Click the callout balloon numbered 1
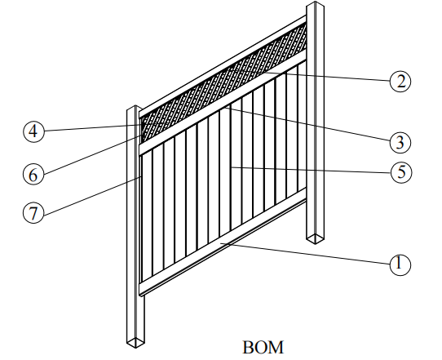[x=400, y=265]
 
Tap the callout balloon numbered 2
[x=400, y=82]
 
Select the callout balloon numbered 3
[x=400, y=142]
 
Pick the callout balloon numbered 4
[x=33, y=131]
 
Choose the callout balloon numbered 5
[x=401, y=172]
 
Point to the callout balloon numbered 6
[x=33, y=174]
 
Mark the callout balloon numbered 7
[x=33, y=213]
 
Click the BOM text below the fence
[x=263, y=347]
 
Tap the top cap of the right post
[x=316, y=5]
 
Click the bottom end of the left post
[x=135, y=342]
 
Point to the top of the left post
[x=135, y=109]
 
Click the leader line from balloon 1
[x=305, y=253]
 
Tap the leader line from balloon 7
[x=92, y=195]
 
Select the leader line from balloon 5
[x=311, y=170]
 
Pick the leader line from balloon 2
[x=309, y=75]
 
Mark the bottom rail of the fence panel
[x=223, y=240]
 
